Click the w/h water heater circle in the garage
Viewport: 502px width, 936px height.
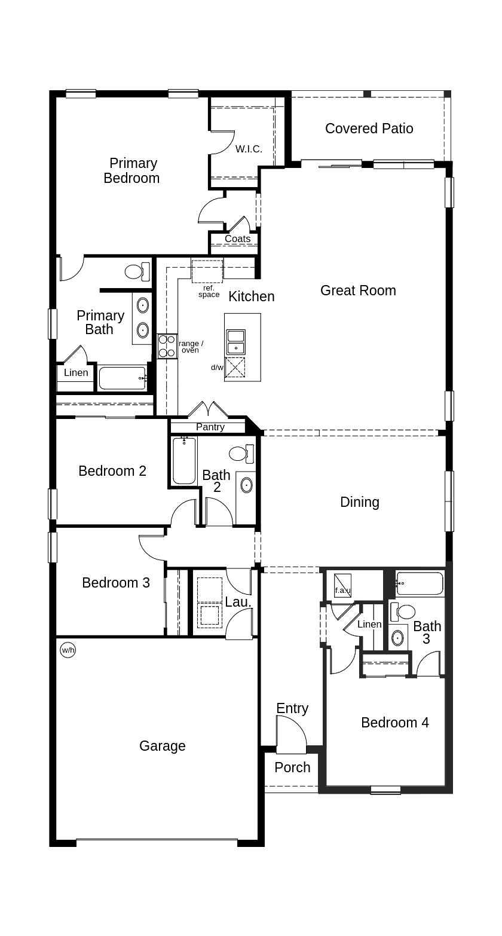68,650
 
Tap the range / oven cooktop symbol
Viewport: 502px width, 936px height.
167,346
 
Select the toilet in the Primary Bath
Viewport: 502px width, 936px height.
137,272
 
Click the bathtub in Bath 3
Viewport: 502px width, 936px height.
420,583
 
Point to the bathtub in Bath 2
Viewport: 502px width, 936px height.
184,460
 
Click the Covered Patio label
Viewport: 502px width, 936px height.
369,129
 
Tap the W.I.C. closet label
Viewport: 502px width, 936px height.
249,149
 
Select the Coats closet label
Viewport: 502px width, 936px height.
238,238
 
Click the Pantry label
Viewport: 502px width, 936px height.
210,427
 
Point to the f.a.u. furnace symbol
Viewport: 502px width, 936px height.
342,586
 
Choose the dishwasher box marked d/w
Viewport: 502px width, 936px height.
235,368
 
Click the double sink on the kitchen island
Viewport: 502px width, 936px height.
236,342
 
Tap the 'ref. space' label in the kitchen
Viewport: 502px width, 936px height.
209,291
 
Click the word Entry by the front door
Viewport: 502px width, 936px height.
292,708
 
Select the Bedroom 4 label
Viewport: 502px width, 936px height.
394,723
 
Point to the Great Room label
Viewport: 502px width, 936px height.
358,290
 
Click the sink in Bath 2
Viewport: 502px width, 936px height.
247,485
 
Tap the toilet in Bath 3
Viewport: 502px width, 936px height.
403,611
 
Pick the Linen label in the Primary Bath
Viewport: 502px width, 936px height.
76,372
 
